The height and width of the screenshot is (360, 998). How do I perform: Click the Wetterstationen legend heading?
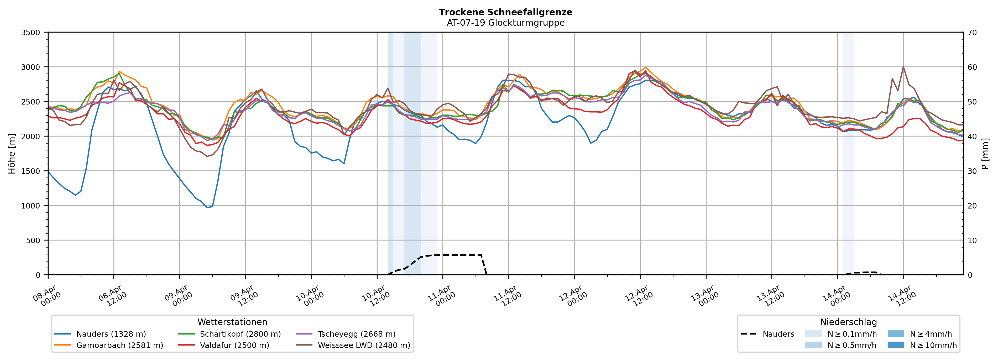(x=232, y=322)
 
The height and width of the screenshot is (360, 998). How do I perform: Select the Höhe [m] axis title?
(x=12, y=154)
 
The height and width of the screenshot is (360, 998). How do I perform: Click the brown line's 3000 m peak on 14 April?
(x=903, y=67)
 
